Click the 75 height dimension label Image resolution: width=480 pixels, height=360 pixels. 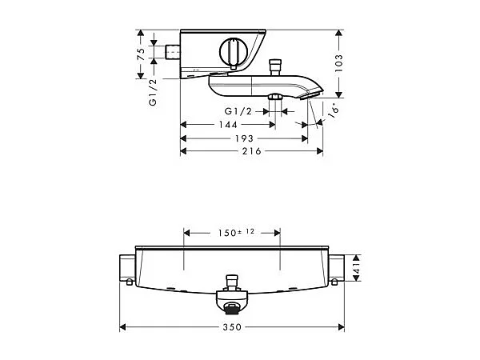(141, 54)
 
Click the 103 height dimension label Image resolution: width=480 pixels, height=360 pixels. (338, 63)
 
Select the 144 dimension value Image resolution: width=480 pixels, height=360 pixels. (228, 125)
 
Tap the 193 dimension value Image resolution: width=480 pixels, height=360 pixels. (244, 138)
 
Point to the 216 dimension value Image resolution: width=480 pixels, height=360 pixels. (252, 151)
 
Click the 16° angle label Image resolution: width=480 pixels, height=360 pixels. (334, 110)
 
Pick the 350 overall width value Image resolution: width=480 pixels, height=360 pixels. (232, 327)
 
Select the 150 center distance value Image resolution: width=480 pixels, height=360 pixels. (227, 234)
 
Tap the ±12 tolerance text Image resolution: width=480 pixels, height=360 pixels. (246, 232)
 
